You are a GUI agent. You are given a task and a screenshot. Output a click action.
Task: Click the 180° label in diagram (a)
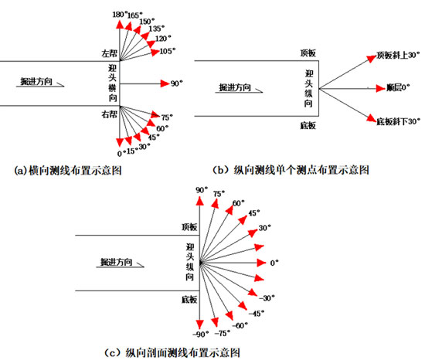click(120, 15)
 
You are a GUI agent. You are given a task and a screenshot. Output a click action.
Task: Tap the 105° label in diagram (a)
click(168, 51)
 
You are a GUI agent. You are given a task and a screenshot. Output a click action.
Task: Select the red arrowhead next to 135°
click(145, 36)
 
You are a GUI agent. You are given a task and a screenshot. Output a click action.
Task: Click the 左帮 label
click(110, 53)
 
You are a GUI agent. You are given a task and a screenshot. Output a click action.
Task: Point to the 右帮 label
click(110, 114)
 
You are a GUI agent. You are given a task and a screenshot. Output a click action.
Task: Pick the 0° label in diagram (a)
click(121, 153)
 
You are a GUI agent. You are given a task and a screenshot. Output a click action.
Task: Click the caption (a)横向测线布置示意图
click(68, 171)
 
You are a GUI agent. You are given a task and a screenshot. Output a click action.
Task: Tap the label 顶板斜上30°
click(398, 56)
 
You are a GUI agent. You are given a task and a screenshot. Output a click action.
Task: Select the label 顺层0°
click(398, 87)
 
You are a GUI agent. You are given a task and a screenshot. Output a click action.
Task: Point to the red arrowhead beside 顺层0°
click(380, 88)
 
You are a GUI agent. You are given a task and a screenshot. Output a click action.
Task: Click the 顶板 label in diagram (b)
click(308, 53)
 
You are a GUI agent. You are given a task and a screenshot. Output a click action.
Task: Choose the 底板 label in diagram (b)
click(308, 125)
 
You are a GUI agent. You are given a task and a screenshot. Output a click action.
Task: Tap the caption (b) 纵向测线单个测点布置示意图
click(291, 170)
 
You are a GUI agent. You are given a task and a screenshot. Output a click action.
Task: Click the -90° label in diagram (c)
click(201, 334)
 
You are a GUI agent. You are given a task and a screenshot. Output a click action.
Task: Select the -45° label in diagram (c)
click(257, 314)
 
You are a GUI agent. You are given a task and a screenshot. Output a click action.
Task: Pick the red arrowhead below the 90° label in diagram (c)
click(200, 201)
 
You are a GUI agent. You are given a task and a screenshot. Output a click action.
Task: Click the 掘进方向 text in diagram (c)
click(116, 262)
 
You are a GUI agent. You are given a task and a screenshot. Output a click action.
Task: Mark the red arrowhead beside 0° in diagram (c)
click(261, 263)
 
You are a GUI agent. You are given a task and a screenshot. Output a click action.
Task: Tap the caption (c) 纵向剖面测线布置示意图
click(172, 353)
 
